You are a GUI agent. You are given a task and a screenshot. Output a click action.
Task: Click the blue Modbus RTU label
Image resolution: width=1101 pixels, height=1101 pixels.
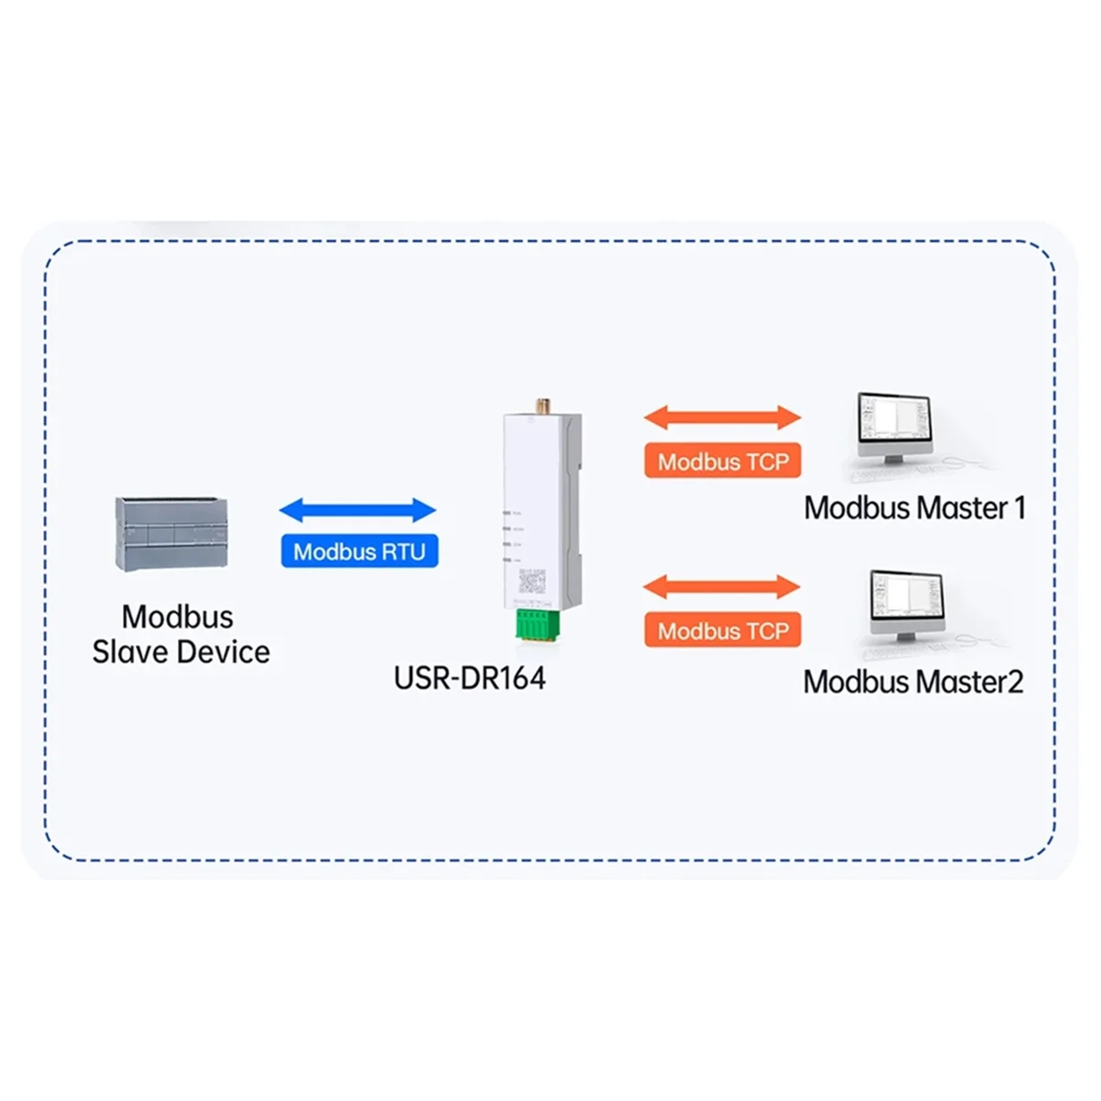(x=359, y=551)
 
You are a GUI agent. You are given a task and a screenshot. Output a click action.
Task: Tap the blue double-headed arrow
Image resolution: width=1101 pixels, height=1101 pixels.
(x=358, y=510)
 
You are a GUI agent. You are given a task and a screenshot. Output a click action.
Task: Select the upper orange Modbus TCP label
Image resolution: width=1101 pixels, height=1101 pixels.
(x=723, y=462)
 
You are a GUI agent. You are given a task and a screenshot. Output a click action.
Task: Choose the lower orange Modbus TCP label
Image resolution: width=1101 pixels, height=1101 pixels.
(x=723, y=630)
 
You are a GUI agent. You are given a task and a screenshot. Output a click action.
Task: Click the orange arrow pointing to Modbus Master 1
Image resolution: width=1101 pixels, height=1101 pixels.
(x=723, y=417)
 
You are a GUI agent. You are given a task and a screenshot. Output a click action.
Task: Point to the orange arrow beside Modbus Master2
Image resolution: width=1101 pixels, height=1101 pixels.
(x=723, y=586)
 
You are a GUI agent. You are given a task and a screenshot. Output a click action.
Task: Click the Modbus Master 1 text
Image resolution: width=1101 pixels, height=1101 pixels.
(x=914, y=508)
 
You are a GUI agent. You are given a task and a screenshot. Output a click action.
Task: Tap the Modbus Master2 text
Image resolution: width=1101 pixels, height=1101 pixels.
(x=913, y=682)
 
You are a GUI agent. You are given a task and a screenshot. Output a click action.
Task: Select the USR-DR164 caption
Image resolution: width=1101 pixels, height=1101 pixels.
(x=469, y=679)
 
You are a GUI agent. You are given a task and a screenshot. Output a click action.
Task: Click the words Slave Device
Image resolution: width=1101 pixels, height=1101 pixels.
(x=181, y=652)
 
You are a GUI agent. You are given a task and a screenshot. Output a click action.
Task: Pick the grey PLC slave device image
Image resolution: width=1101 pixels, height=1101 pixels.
(x=172, y=534)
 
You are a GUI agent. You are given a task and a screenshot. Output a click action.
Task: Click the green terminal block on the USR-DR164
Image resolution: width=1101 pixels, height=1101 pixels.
(x=532, y=623)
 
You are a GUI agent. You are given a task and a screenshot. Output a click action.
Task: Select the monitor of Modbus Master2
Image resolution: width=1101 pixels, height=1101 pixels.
(x=906, y=599)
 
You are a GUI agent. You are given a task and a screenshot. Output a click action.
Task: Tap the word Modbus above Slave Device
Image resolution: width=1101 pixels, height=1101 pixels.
(x=178, y=617)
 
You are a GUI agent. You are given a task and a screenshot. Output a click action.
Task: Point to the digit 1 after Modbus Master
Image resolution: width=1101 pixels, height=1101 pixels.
(x=1019, y=508)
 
